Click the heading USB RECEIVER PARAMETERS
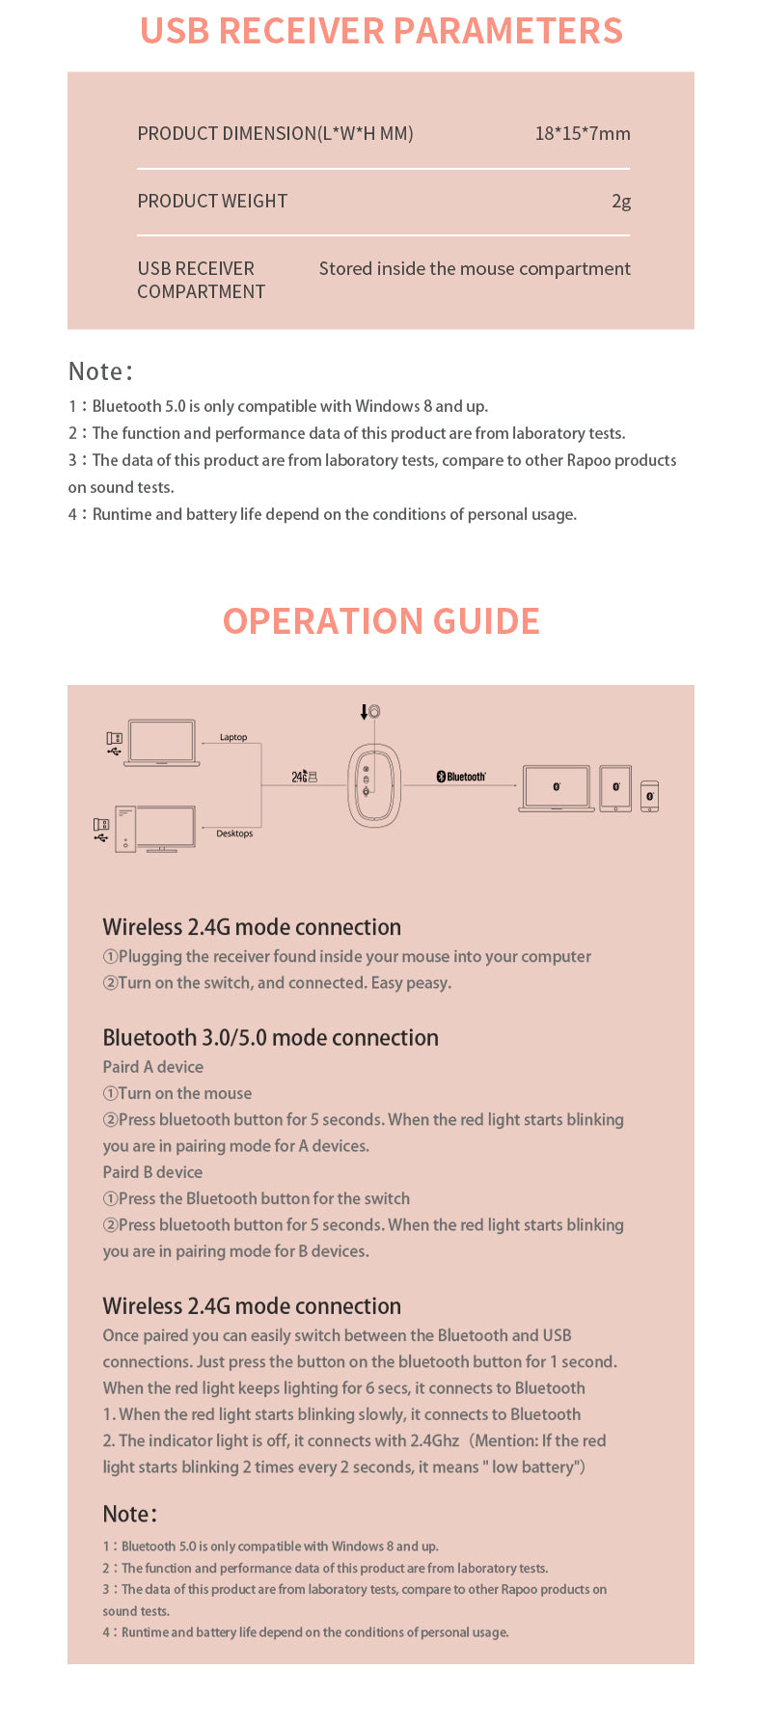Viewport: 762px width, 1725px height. coord(381,31)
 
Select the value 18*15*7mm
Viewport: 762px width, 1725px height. coord(582,133)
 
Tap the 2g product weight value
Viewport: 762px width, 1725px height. coord(620,201)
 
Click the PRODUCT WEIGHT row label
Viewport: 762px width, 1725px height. coord(212,201)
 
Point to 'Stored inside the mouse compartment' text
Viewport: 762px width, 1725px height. coord(475,268)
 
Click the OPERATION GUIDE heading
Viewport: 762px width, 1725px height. coord(381,620)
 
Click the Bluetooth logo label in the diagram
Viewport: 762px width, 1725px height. coord(461,777)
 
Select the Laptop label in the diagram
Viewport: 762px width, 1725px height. coord(233,737)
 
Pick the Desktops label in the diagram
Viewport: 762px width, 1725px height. coord(234,834)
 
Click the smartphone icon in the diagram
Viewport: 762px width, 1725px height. coord(649,796)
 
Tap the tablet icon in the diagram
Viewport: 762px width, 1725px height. coord(615,788)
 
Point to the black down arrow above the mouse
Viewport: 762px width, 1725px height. coord(364,712)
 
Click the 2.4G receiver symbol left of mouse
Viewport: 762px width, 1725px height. coord(305,777)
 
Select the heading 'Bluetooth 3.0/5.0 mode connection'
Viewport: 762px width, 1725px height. coord(270,1037)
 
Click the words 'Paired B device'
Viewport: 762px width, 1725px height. coord(152,1172)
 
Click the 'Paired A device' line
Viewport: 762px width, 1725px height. coord(152,1066)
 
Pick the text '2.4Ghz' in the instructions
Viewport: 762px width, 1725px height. coord(434,1440)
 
